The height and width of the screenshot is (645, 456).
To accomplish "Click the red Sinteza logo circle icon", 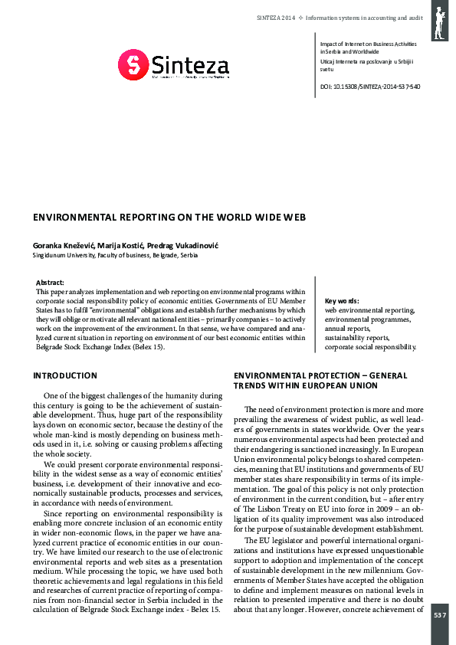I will point(132,65).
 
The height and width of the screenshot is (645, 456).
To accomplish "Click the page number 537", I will point(439,615).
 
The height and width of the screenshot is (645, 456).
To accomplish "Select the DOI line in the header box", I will point(369,87).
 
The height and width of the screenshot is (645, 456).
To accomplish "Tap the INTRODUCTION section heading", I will point(65,376).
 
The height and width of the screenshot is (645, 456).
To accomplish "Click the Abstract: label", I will point(51,283).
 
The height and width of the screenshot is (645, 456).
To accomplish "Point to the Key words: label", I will point(342,301).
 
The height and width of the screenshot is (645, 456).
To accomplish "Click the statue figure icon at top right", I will point(440,21).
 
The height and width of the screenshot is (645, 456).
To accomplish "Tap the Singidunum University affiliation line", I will point(115,255).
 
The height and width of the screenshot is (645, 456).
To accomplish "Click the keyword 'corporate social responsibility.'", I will point(370,347).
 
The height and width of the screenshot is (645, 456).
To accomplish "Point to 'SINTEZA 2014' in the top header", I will point(276,16).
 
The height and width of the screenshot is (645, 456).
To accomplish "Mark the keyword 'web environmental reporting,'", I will point(370,310).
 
